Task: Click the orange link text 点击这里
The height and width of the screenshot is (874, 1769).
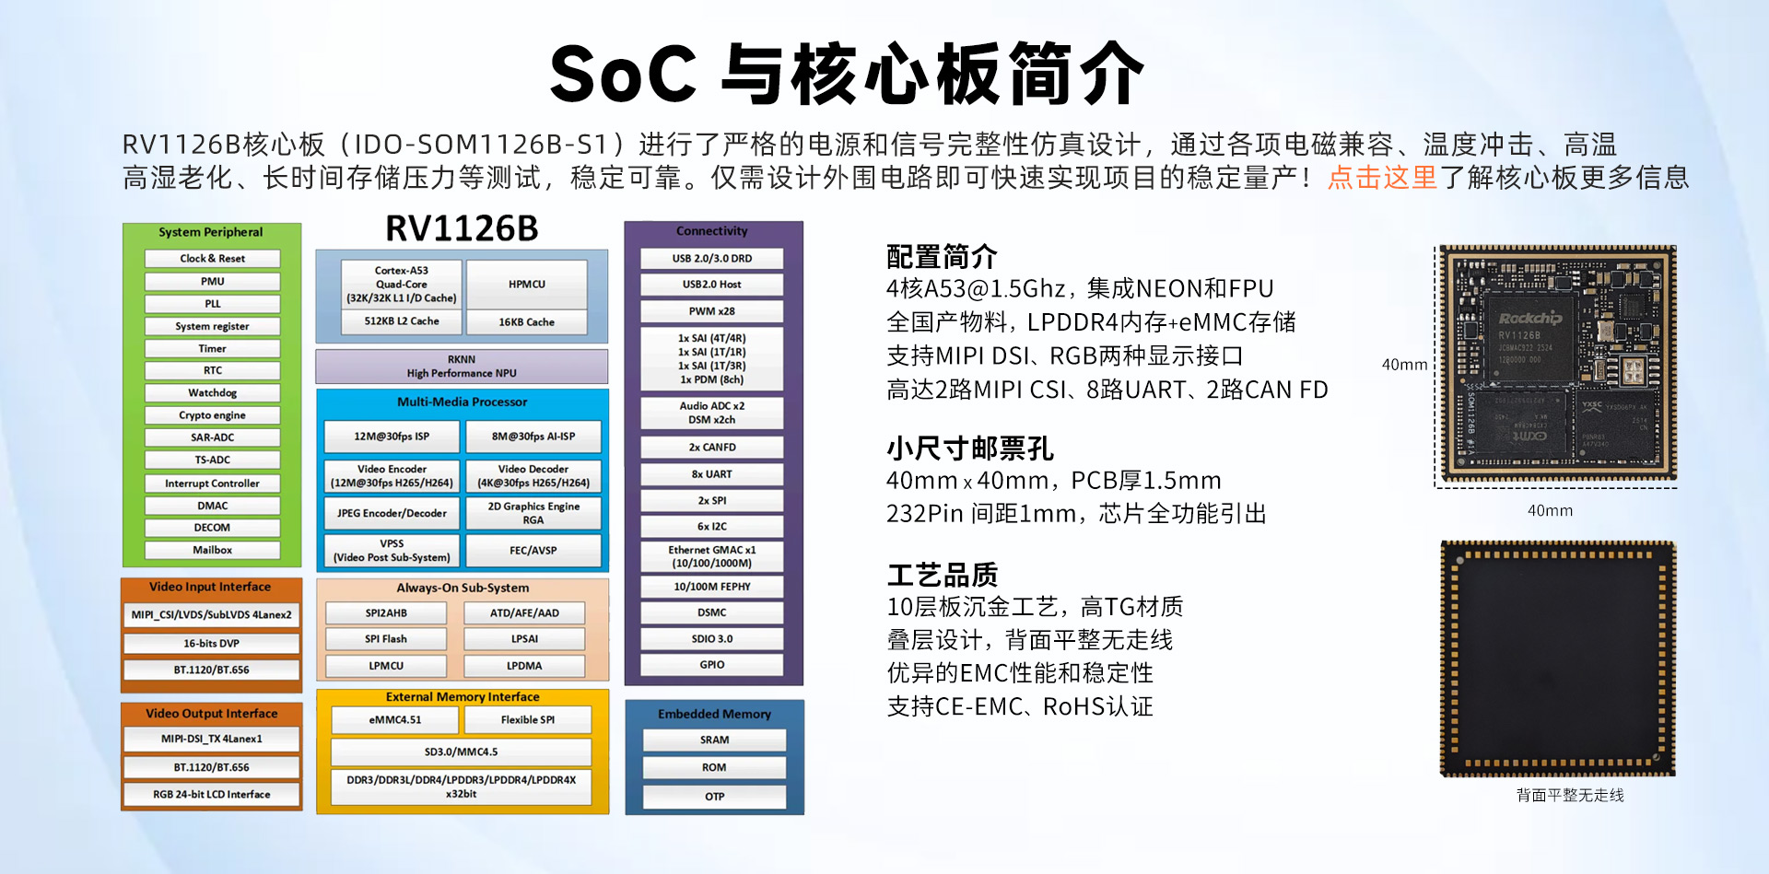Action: coord(1382,177)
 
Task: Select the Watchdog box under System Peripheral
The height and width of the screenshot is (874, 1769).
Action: coord(213,393)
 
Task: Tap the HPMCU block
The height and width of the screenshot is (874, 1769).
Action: coord(527,285)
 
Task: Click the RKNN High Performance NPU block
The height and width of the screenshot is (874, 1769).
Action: coord(462,367)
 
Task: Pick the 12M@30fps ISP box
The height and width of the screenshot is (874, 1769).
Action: coord(392,437)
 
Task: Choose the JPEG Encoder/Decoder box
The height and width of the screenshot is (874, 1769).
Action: coord(392,513)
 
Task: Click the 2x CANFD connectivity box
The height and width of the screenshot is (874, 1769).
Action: coord(712,448)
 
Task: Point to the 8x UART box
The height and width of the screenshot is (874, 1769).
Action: coord(712,474)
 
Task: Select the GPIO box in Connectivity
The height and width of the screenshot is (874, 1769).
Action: coord(712,665)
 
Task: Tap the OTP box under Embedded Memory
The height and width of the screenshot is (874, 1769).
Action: coord(715,797)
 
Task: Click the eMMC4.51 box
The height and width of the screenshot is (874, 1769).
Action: coord(395,720)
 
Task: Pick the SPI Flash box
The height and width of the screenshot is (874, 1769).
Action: coord(386,639)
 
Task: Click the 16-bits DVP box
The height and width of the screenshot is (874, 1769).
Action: coord(212,644)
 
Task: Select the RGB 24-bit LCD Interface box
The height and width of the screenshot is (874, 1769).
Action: coord(212,795)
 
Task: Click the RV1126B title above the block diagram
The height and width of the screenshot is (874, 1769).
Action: coord(462,228)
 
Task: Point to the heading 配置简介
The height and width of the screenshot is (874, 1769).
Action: coord(942,256)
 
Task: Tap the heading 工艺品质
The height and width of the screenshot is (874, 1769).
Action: coord(942,575)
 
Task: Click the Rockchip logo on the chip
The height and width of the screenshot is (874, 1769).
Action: coord(1530,319)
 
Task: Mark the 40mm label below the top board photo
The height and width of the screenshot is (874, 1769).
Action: coord(1550,511)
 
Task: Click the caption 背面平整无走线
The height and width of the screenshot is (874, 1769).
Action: coord(1570,795)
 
